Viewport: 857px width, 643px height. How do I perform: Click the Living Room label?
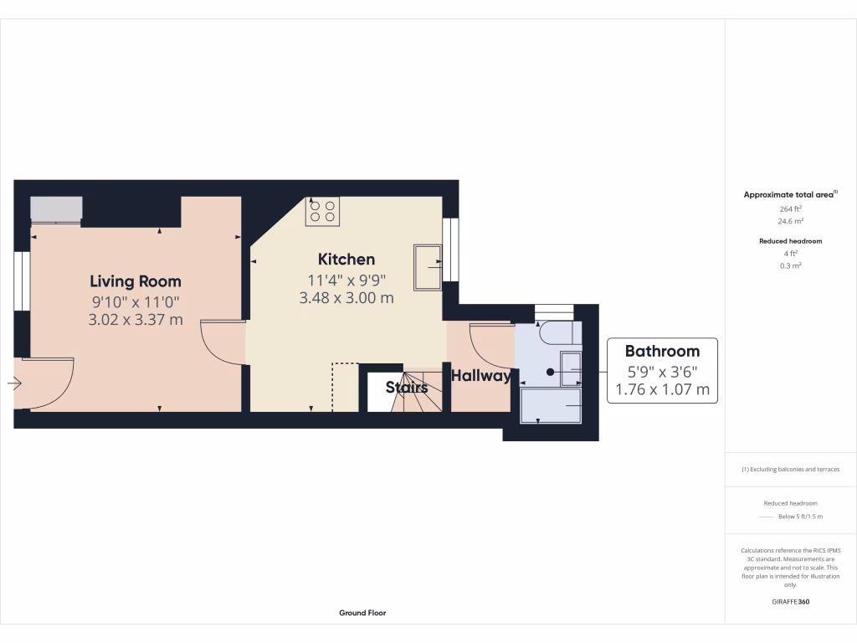coord(136,281)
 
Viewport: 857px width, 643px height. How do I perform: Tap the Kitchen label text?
coord(346,259)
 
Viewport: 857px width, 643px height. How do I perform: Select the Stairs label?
coord(407,388)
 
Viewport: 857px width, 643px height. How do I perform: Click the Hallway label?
coord(481,376)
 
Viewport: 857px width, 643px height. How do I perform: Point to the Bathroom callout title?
coord(662,351)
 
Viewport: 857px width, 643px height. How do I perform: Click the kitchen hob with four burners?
coord(322,210)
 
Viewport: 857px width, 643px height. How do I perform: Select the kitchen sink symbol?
coord(428,265)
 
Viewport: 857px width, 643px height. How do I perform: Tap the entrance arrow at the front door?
coord(14,383)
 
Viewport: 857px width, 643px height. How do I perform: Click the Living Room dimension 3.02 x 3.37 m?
coord(136,319)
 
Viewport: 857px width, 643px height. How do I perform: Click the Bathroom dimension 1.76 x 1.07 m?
coord(662,389)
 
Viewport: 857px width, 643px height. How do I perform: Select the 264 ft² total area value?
coord(791,209)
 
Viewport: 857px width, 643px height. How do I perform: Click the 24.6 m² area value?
coord(791,222)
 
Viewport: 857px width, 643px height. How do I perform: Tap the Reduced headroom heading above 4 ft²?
coord(791,241)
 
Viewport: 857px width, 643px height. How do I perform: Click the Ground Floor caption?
coord(362,613)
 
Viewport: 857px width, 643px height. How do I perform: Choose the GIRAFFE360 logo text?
coord(791,601)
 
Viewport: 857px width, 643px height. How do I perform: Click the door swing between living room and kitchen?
coord(219,343)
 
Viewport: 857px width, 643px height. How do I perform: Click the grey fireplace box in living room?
coord(57,208)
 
